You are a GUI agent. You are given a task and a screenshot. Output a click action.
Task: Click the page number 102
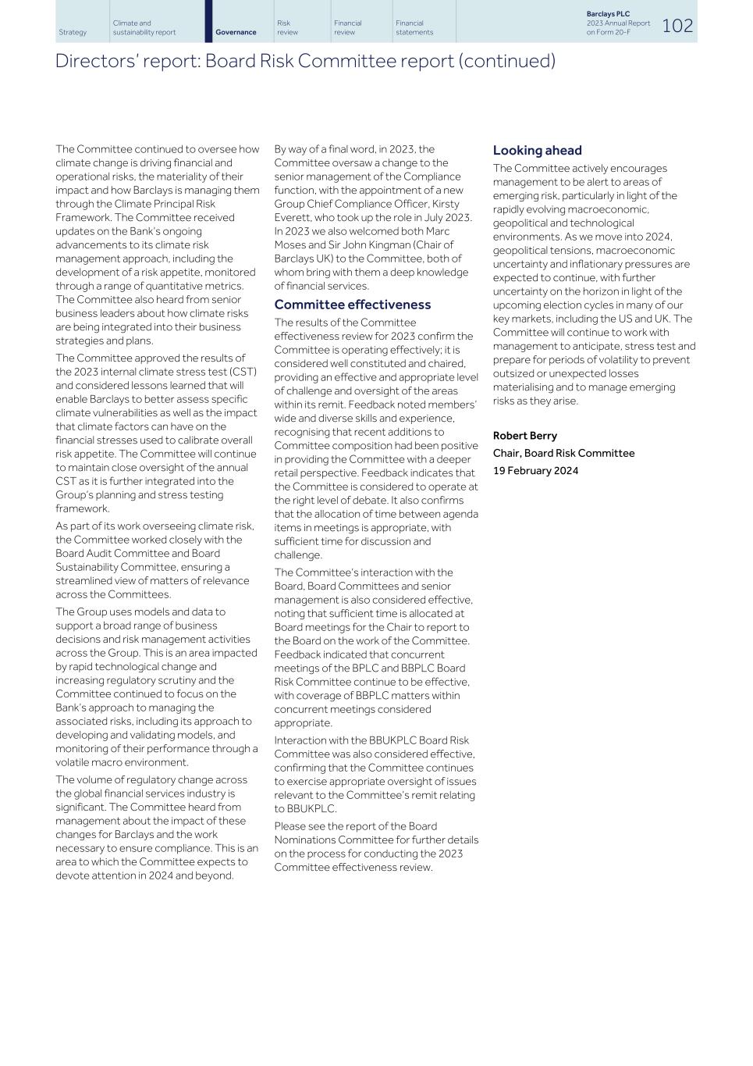pos(677,26)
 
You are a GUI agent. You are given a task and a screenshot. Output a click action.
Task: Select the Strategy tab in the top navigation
pos(73,32)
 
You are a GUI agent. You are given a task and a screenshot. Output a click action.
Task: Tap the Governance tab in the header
pos(236,32)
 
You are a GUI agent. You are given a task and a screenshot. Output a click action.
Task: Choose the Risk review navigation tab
pos(287,27)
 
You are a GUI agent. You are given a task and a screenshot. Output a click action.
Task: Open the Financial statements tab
pos(414,27)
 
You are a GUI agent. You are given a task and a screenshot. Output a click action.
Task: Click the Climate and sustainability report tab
pos(144,27)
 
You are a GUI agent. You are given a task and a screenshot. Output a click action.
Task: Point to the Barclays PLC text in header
pos(608,14)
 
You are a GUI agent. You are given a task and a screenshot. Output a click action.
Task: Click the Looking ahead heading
pos(537,150)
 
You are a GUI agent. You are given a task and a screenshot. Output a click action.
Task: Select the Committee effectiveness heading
pos(352,305)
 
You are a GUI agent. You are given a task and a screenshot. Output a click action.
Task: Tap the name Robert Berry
pos(524,436)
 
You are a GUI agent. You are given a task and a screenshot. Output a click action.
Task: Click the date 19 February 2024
pos(535,471)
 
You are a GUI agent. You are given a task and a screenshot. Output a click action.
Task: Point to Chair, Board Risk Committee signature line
pos(563,453)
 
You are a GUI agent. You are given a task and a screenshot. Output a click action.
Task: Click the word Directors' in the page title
pos(88,61)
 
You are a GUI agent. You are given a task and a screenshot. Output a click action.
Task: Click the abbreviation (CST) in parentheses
pos(241,372)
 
